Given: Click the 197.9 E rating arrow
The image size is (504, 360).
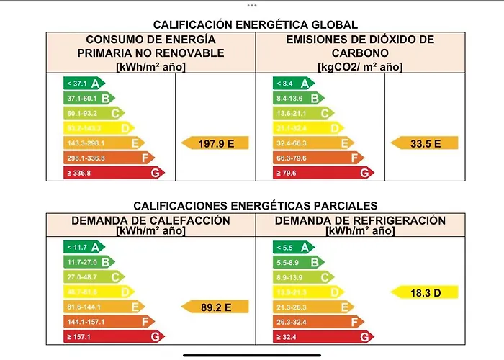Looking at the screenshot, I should pyautogui.click(x=215, y=143).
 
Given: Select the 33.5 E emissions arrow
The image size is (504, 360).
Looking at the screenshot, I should pyautogui.click(x=425, y=143).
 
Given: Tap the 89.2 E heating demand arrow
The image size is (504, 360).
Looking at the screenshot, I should pyautogui.click(x=215, y=307).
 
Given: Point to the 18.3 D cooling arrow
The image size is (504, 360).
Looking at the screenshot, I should pyautogui.click(x=425, y=292).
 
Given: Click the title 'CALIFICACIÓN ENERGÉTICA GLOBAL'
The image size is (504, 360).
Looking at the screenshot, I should pyautogui.click(x=256, y=25).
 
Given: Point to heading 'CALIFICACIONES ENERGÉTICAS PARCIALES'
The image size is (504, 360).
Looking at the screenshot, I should pyautogui.click(x=256, y=206).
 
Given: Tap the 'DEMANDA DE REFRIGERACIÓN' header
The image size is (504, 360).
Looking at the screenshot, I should pyautogui.click(x=360, y=220).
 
